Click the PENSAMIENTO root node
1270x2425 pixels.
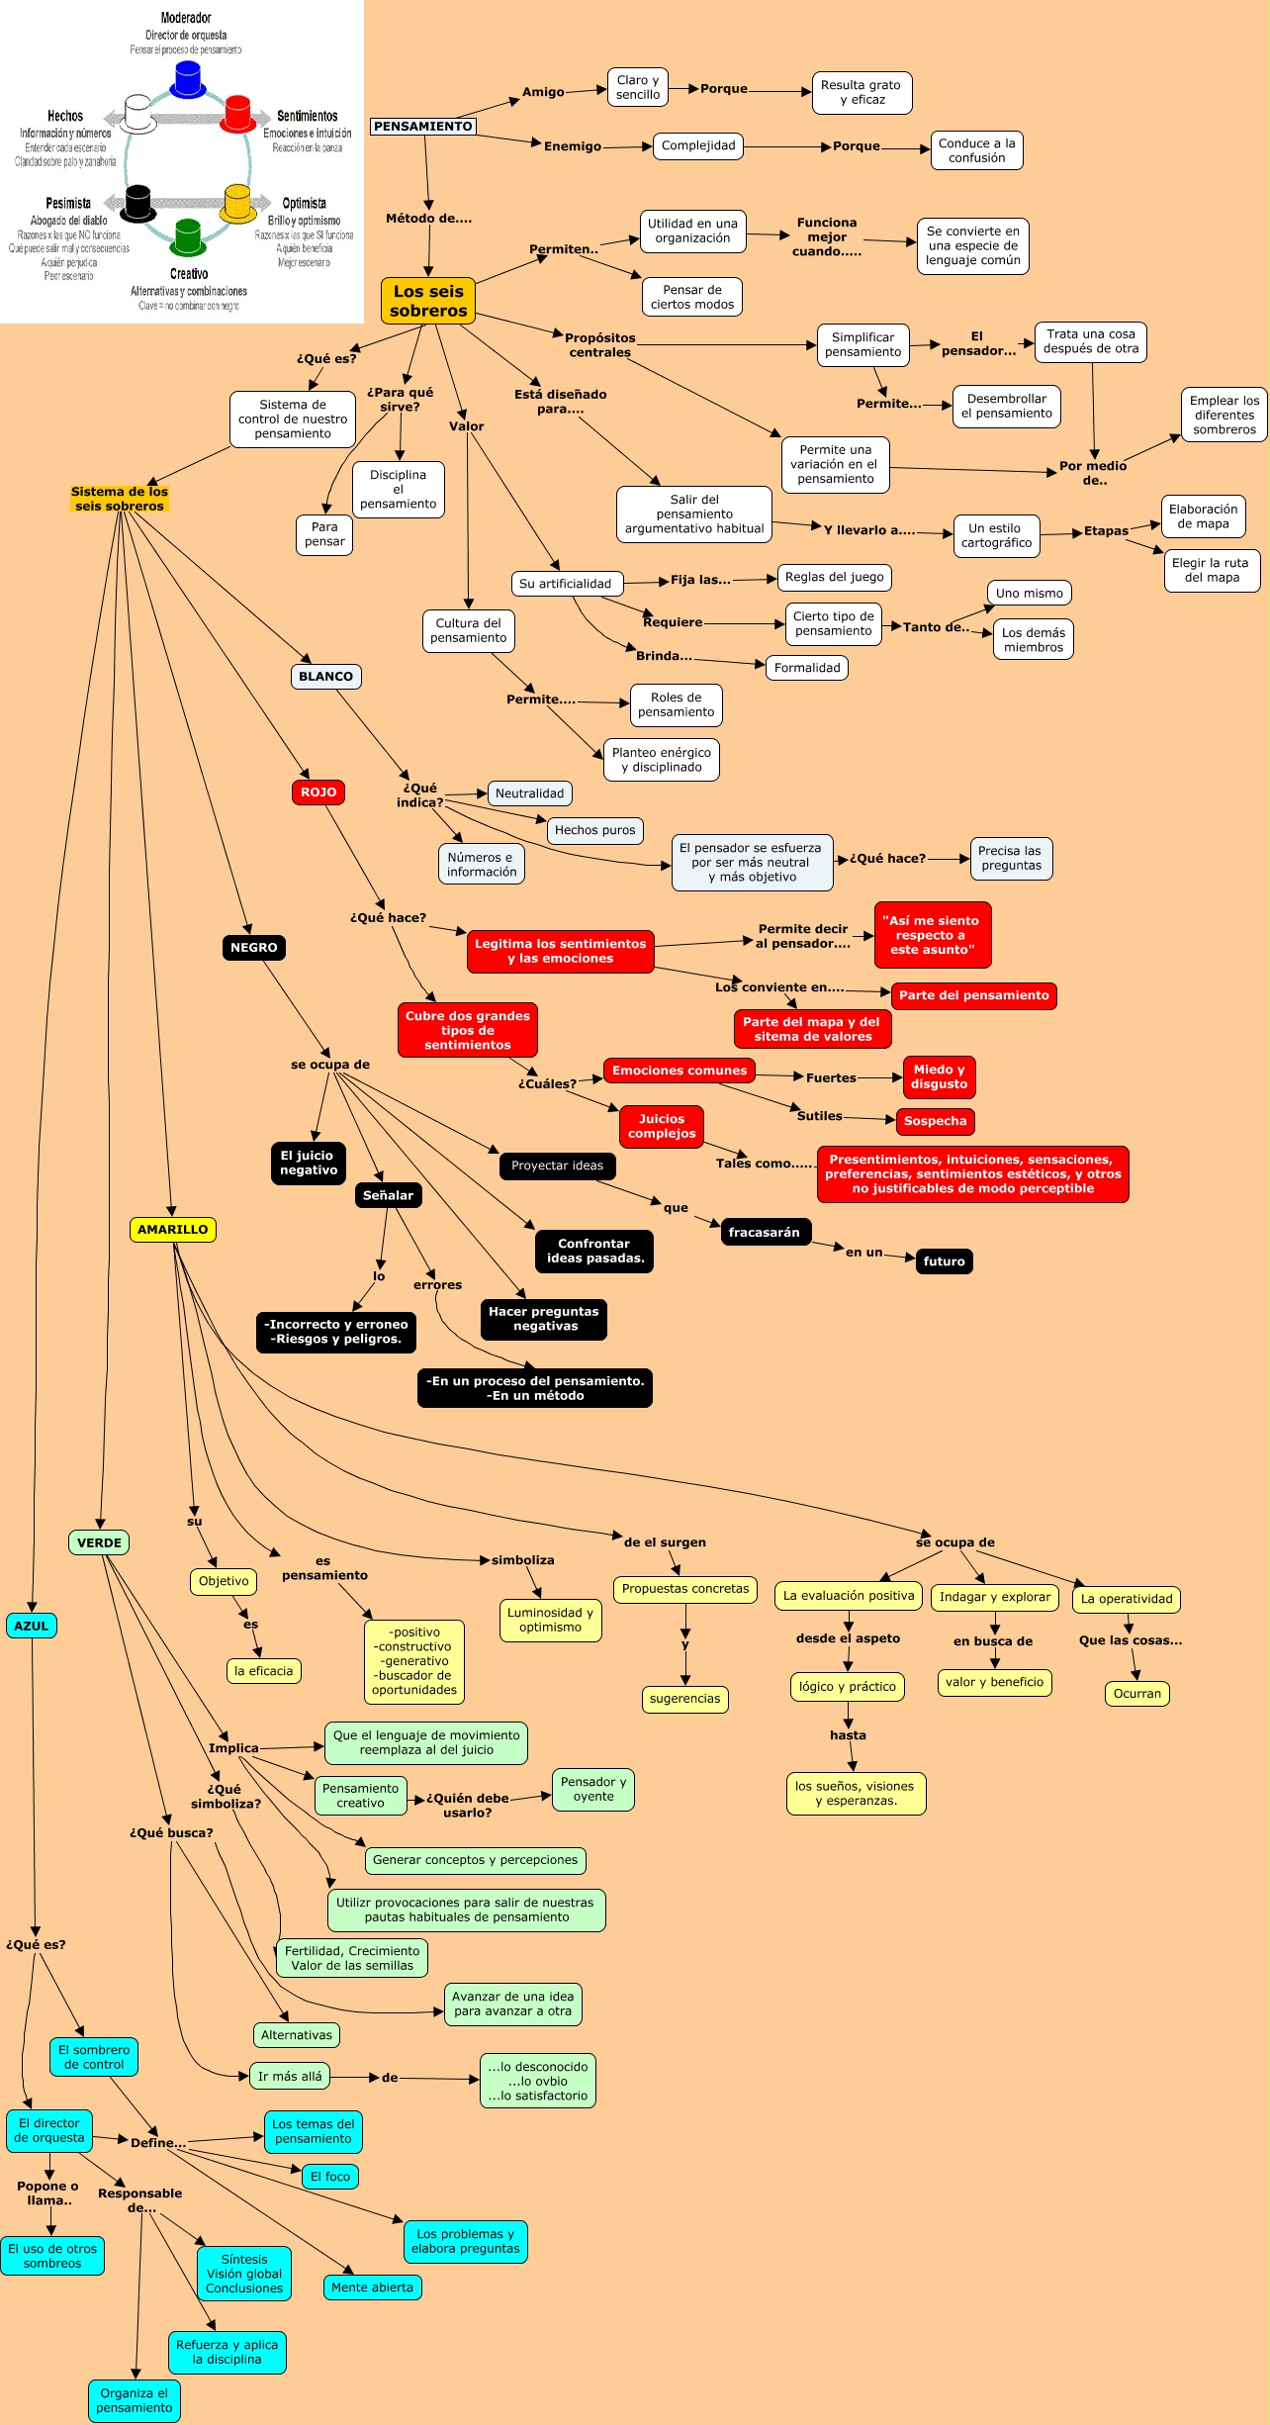pos(423,127)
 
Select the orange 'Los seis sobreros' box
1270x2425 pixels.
pos(428,301)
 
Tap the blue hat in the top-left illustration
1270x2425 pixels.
pos(188,79)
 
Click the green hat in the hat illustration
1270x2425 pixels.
pos(188,237)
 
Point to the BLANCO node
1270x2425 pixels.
pos(325,677)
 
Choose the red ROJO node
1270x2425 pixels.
pos(318,793)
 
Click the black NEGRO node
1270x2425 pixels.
pos(254,948)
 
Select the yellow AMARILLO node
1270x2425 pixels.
pos(172,1230)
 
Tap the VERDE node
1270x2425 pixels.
pos(99,1542)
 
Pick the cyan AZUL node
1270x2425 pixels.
pos(31,1626)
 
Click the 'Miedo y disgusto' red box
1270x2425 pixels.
pos(939,1076)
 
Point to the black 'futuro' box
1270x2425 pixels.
pos(944,1261)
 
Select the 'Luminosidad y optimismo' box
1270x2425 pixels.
pos(550,1620)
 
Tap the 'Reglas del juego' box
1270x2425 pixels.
pos(834,577)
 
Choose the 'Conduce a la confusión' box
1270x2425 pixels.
pos(976,150)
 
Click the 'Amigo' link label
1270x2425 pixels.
pos(543,92)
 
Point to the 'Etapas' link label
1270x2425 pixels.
pos(1106,531)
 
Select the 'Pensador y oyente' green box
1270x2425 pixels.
pos(592,1789)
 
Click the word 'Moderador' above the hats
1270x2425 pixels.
pos(186,18)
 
